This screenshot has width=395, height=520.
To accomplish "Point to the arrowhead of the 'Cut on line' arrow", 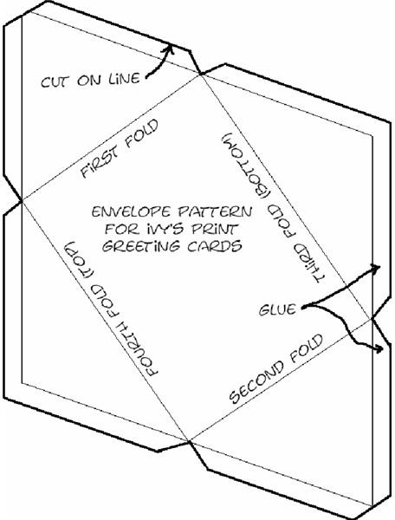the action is click(x=169, y=49).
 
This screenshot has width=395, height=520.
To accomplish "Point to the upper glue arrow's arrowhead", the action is click(x=375, y=269).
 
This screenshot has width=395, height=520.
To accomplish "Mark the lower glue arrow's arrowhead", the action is click(x=379, y=348).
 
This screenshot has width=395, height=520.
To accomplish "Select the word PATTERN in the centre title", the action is click(x=215, y=211).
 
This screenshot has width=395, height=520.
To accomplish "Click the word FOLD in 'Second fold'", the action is click(x=306, y=348).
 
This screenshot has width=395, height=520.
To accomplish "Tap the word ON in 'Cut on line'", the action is click(x=88, y=81).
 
